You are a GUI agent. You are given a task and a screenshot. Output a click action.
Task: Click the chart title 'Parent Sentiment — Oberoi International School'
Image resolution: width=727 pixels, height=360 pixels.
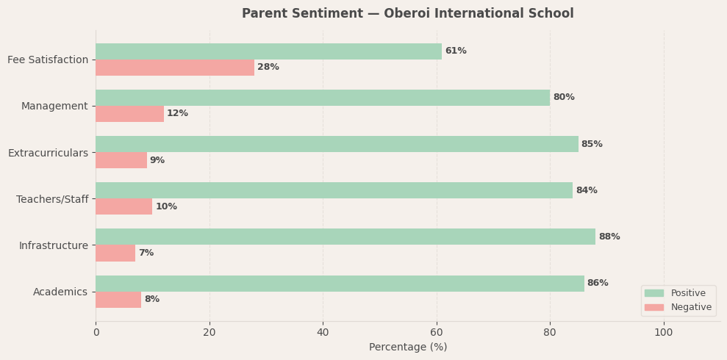coord(407,14)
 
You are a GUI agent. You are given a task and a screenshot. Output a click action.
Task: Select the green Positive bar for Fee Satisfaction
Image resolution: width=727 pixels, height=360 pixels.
coord(268,51)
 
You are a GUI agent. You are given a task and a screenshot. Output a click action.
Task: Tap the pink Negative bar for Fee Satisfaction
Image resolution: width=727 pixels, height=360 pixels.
coord(175,68)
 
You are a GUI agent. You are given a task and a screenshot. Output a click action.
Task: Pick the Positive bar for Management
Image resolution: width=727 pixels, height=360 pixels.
coord(323,98)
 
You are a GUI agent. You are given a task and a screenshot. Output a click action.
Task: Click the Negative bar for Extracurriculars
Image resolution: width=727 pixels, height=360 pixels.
coord(121,160)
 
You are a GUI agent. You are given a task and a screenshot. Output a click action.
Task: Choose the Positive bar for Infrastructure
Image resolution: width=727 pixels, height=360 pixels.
coord(345,237)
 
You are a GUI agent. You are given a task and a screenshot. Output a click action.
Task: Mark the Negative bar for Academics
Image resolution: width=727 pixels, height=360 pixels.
coord(118,300)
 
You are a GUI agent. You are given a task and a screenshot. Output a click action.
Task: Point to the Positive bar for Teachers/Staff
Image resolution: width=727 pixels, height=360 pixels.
coord(334,190)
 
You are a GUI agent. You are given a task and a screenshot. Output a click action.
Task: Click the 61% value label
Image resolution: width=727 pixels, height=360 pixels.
coord(456,51)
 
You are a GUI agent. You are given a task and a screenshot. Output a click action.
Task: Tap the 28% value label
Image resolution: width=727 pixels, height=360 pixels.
coord(268,68)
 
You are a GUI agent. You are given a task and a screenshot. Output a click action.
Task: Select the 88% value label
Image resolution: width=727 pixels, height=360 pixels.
coord(609,237)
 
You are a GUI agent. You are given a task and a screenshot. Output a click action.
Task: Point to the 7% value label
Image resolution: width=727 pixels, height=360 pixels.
coord(146,253)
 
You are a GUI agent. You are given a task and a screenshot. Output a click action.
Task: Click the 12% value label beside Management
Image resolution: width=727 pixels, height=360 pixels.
coord(178,114)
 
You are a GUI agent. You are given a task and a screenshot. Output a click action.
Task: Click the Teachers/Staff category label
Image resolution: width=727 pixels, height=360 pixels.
coord(52,199)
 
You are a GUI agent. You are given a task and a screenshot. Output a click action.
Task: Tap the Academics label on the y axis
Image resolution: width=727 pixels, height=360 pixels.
coord(60,292)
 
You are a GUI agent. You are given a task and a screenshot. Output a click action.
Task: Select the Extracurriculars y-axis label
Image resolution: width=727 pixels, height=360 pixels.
coord(48,153)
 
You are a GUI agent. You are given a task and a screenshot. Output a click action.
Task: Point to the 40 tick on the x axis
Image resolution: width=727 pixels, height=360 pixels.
coord(323,333)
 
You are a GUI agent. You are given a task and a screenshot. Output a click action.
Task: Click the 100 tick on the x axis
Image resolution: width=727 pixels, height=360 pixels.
coord(664,333)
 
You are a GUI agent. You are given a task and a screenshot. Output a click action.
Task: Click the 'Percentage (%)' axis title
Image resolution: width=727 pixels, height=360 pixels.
coord(408,348)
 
